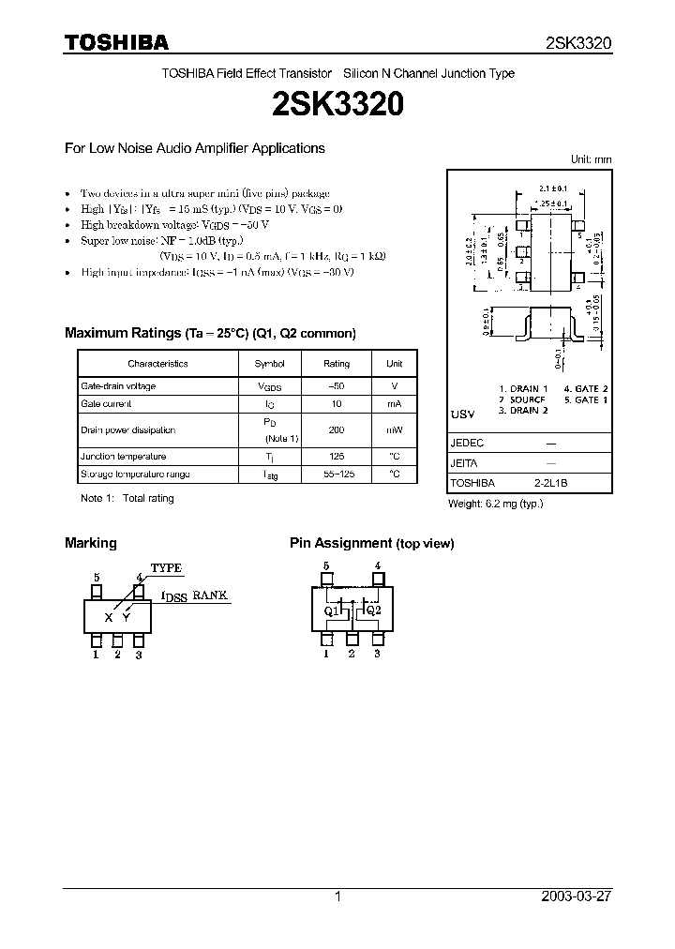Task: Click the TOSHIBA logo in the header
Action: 116,42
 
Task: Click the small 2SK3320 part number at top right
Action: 578,43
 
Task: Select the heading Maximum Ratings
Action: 121,333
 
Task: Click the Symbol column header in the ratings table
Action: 270,364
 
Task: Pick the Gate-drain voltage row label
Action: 118,386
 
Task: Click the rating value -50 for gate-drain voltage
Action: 337,386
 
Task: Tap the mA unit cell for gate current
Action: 394,404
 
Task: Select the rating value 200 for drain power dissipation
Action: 337,430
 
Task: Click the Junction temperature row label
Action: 123,457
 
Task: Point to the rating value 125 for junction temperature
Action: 337,457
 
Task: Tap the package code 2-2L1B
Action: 550,484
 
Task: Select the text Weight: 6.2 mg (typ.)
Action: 495,504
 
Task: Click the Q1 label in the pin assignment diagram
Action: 330,610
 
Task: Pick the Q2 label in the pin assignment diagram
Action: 373,610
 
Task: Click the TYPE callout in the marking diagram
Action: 166,568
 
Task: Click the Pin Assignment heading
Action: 340,543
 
